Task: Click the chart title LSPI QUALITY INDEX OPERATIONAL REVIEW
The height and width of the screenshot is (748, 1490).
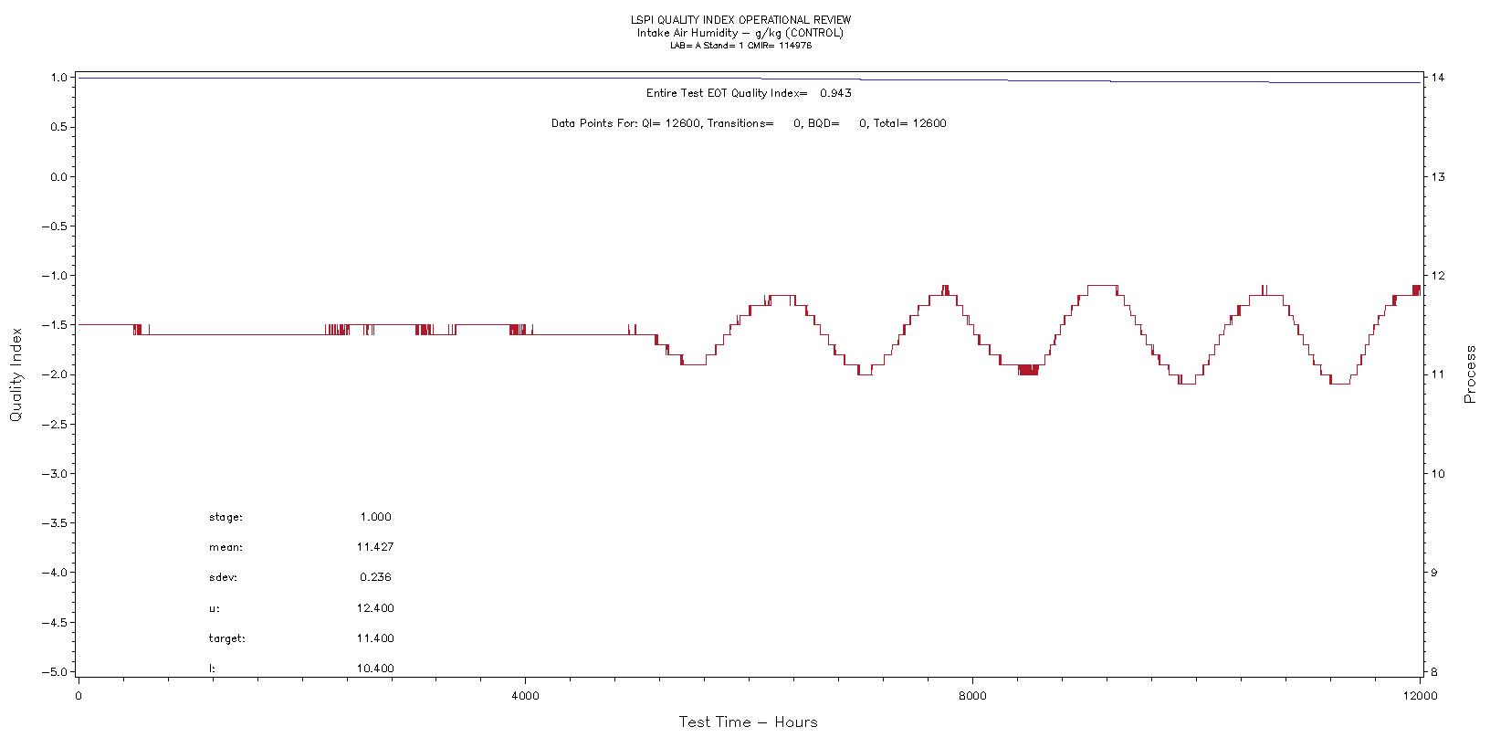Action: tap(740, 20)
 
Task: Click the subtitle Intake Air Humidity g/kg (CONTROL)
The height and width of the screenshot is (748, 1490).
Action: tap(740, 33)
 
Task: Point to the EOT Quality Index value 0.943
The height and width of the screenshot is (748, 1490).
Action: tap(835, 93)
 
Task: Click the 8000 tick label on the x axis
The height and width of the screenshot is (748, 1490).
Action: tap(972, 696)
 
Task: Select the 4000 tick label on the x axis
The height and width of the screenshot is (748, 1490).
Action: tap(525, 696)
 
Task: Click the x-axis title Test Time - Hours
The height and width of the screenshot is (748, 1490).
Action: tap(748, 722)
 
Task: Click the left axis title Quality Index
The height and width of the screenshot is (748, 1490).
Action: tap(16, 375)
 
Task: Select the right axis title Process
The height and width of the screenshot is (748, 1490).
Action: tap(1470, 374)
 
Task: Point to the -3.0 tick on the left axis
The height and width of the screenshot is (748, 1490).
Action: tap(58, 473)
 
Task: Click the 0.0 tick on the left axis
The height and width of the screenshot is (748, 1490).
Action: tap(60, 176)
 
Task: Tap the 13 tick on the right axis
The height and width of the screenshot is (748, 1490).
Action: tap(1438, 176)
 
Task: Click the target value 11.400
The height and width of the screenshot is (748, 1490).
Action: tap(375, 638)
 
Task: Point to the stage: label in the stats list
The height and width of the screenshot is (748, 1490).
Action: tap(226, 517)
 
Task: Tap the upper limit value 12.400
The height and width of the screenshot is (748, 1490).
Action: tap(375, 608)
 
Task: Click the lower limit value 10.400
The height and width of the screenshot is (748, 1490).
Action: tap(375, 669)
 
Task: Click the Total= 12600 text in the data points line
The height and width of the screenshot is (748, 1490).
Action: tap(909, 123)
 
